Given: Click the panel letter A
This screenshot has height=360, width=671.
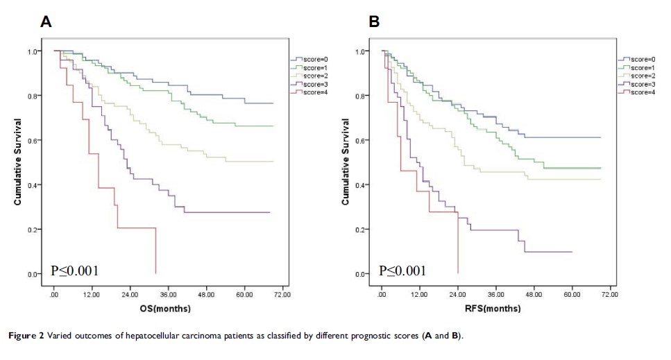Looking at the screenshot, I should pyautogui.click(x=46, y=22).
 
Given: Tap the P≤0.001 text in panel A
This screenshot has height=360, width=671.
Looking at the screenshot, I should pyautogui.click(x=74, y=271).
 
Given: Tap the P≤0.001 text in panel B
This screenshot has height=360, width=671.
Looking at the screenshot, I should pyautogui.click(x=402, y=271).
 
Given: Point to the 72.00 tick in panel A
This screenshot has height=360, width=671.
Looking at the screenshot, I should pyautogui.click(x=282, y=295).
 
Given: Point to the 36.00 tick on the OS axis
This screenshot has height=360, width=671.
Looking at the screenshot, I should pyautogui.click(x=168, y=295).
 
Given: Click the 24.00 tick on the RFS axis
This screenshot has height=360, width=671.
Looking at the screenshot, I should pyautogui.click(x=458, y=295).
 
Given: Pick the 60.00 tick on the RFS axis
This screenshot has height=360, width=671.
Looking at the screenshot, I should pyautogui.click(x=572, y=295).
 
